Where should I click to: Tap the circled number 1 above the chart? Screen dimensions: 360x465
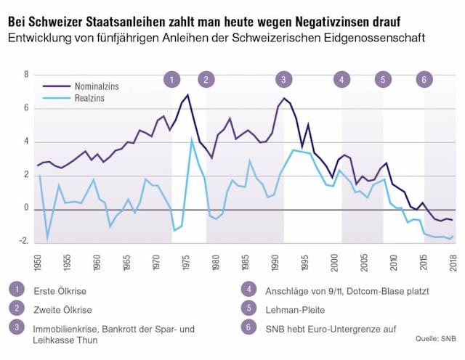point(171,79)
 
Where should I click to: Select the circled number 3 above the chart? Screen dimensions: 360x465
point(283,79)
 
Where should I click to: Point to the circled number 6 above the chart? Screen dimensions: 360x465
point(423,79)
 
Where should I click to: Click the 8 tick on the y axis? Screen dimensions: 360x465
point(26,75)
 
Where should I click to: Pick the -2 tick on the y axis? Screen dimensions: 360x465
point(25,242)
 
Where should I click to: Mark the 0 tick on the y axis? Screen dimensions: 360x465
point(26,208)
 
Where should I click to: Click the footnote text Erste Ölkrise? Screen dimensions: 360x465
point(60,291)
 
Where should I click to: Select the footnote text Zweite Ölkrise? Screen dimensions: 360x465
point(62,310)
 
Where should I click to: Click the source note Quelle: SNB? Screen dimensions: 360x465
point(436,338)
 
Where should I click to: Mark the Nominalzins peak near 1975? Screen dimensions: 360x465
point(187,95)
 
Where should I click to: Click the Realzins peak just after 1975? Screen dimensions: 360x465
point(192,141)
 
